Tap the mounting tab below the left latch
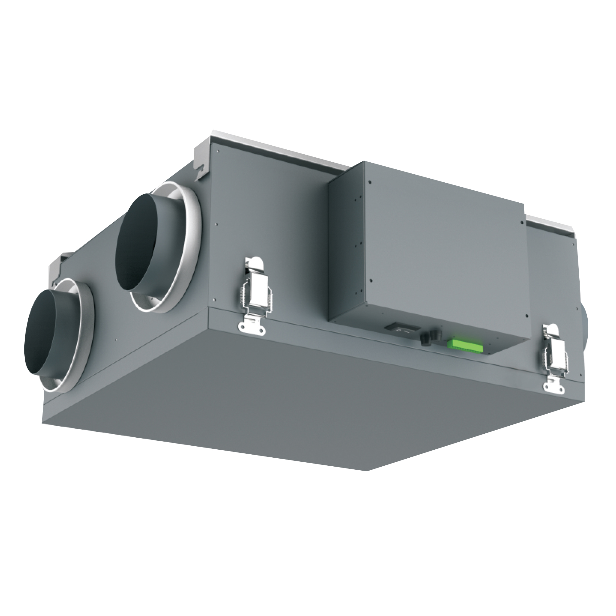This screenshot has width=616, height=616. pos(252,326)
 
